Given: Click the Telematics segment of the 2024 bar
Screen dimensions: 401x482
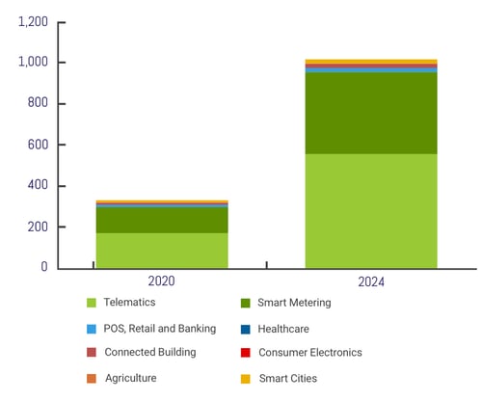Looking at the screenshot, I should click(x=371, y=210).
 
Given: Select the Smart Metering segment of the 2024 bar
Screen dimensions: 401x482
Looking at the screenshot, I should click(x=371, y=113).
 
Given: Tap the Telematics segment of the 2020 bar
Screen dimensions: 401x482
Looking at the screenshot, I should click(x=162, y=250).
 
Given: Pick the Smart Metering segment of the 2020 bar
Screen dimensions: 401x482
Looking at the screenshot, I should click(x=162, y=220).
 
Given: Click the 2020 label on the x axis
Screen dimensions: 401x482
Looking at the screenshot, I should click(x=161, y=281).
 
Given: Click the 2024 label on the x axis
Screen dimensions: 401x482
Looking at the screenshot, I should click(x=371, y=281).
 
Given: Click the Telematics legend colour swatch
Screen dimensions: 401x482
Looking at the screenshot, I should click(x=92, y=304).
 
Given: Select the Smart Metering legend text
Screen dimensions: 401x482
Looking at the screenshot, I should click(x=294, y=304).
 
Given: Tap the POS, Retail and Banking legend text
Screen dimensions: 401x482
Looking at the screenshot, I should click(x=160, y=329).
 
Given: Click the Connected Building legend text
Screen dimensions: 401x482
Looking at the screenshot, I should click(x=149, y=353).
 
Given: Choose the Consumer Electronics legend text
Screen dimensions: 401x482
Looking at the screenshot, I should click(x=309, y=353).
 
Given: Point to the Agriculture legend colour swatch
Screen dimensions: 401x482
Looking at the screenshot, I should click(x=92, y=378).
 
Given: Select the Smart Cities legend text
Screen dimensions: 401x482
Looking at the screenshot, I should click(x=287, y=378).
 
